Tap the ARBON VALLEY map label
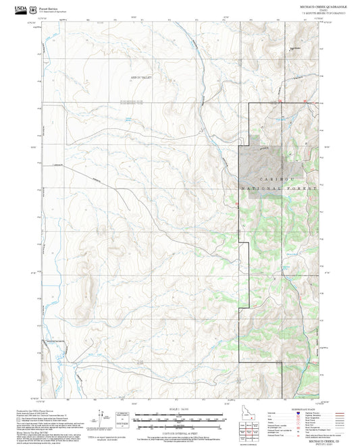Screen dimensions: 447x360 coord(142,78)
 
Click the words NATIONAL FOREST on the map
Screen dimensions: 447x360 coord(278,190)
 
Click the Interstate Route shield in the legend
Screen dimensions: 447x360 coord(305,415)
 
